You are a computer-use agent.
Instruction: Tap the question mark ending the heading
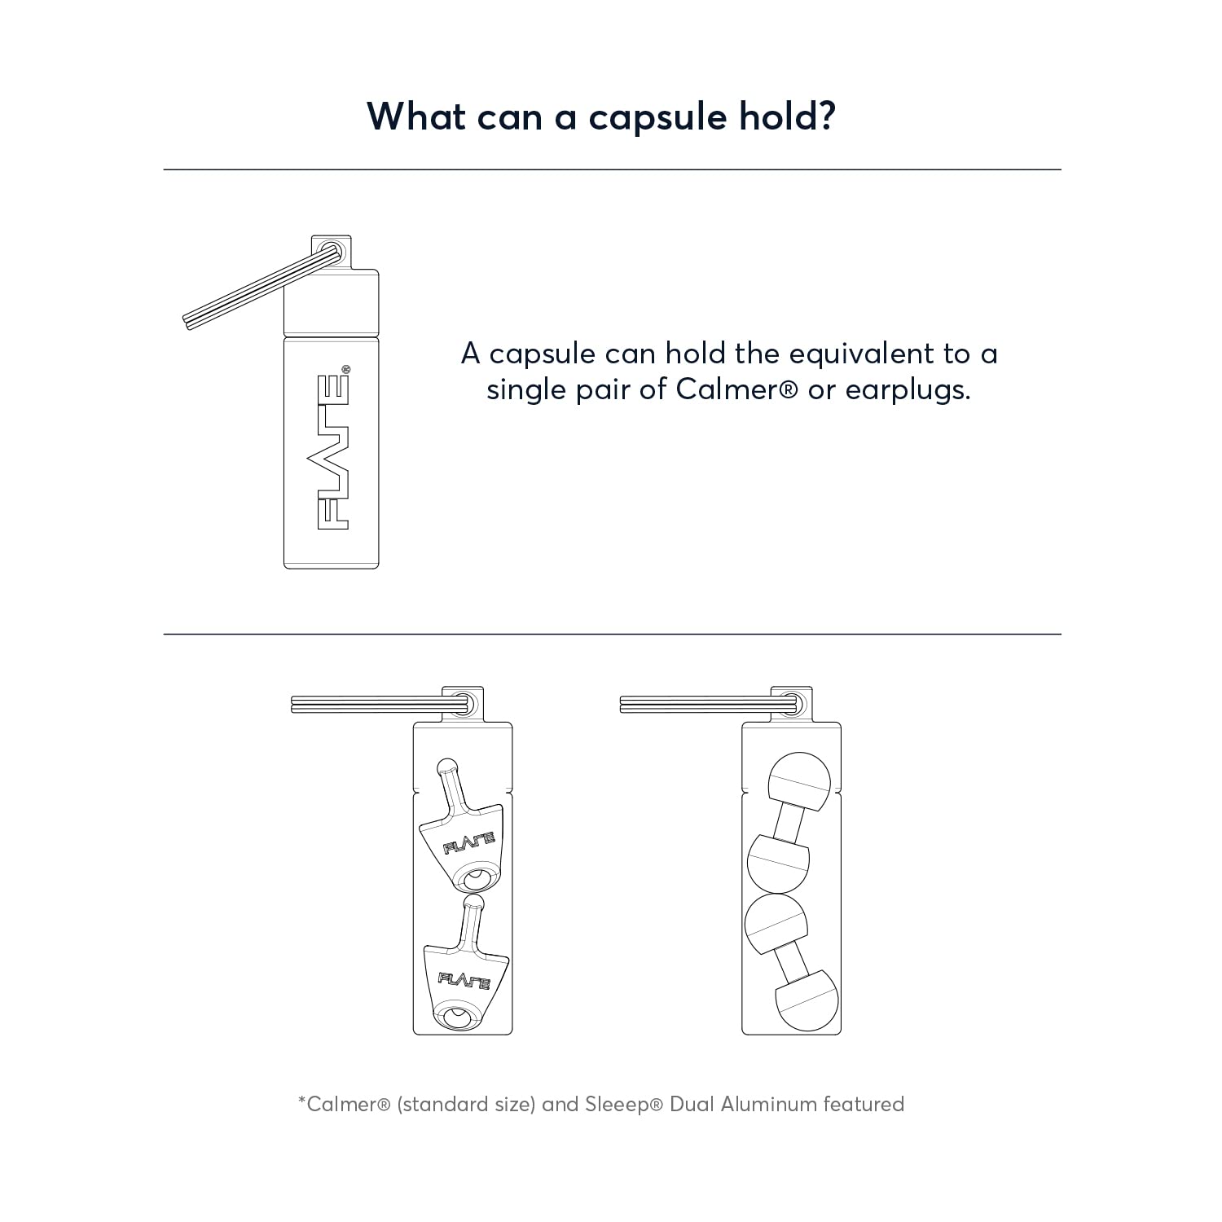point(826,116)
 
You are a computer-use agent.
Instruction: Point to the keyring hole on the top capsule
point(331,250)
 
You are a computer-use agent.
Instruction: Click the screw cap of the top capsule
point(331,301)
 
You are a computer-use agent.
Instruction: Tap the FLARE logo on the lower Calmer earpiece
point(464,980)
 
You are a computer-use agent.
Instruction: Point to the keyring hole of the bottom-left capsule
point(465,703)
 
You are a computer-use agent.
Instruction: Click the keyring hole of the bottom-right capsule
point(794,703)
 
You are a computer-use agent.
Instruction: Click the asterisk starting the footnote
point(302,1100)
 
